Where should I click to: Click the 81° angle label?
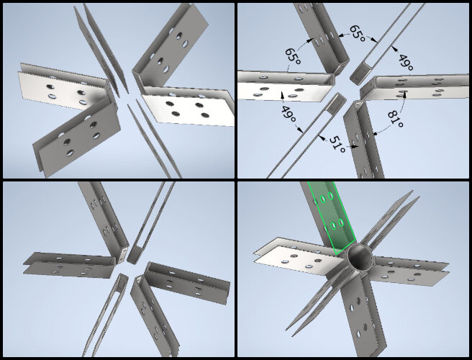(x=396, y=119)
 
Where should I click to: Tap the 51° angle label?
(x=337, y=144)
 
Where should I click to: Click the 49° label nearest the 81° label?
(x=406, y=63)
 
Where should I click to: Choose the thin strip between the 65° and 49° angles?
(x=389, y=42)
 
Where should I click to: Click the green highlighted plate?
(x=332, y=217)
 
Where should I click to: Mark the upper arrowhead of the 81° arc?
(x=405, y=94)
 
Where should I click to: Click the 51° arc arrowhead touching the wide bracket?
(x=355, y=147)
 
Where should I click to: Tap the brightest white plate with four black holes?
(x=187, y=109)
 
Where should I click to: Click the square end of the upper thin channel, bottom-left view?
(x=135, y=255)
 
